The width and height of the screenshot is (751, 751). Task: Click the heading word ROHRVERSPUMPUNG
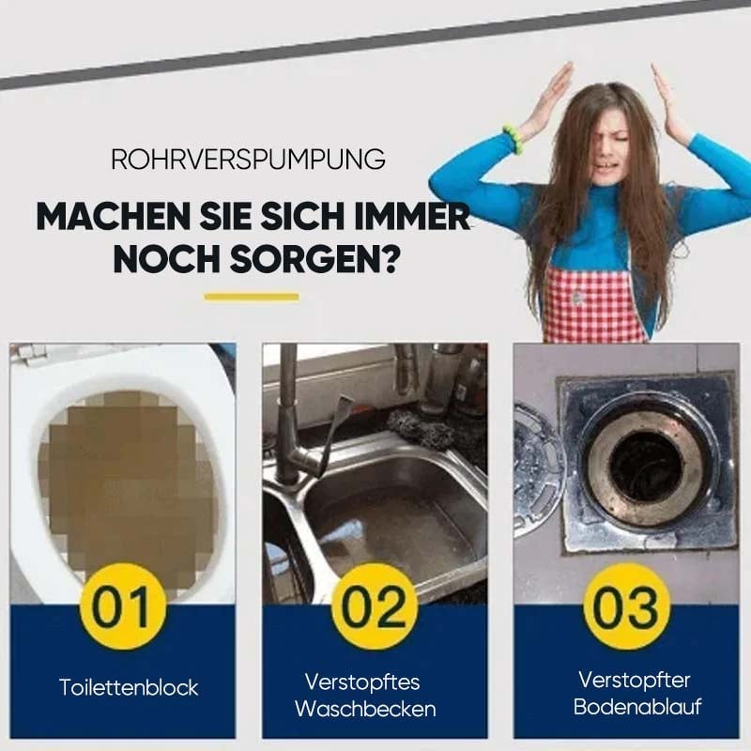click(x=248, y=159)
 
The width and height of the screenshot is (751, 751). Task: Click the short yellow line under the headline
click(x=251, y=297)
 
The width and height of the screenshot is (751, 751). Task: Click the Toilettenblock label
click(x=129, y=687)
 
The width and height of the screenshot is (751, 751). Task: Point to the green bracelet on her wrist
click(x=513, y=139)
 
